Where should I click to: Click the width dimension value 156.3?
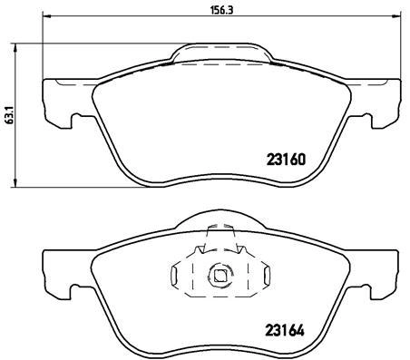(222, 10)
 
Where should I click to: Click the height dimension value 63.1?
(10, 115)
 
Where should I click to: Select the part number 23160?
(286, 160)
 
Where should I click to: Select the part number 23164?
(285, 331)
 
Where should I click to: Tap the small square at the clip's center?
(220, 275)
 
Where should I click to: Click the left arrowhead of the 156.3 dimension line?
(46, 16)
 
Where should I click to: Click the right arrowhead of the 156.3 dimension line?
(395, 16)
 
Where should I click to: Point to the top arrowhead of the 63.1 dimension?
(15, 48)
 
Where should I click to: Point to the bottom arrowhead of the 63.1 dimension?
(15, 182)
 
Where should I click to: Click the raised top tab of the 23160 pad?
(222, 53)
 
